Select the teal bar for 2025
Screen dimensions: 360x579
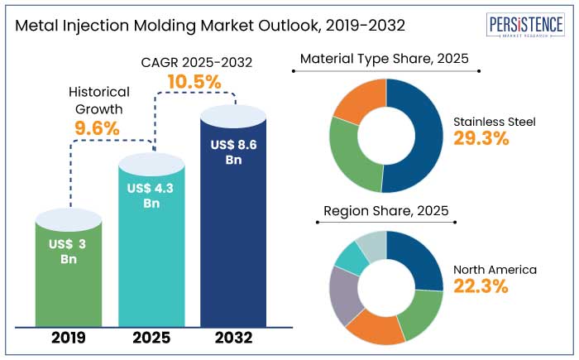(151, 248)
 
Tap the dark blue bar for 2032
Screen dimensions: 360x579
(232, 223)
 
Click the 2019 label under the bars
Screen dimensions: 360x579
(69, 338)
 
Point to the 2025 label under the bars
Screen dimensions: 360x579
(151, 338)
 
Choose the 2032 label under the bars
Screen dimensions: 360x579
(232, 338)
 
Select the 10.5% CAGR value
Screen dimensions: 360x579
(194, 82)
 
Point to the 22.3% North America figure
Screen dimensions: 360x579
(481, 286)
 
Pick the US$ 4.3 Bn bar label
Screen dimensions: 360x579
(151, 195)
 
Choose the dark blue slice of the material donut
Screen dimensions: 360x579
(419, 137)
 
